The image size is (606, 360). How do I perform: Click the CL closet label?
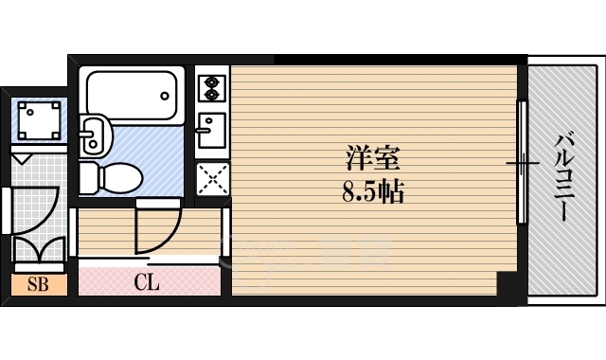(146, 282)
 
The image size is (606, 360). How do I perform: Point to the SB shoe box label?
(38, 283)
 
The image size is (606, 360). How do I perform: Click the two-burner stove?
(210, 88)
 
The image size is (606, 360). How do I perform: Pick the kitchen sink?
(210, 133)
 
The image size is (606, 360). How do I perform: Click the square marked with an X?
(211, 177)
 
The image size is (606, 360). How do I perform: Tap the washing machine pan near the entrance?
(38, 119)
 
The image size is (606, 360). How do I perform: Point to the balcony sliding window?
(521, 163)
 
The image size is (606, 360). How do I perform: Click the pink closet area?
(147, 282)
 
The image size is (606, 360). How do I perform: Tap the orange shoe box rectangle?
(38, 283)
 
